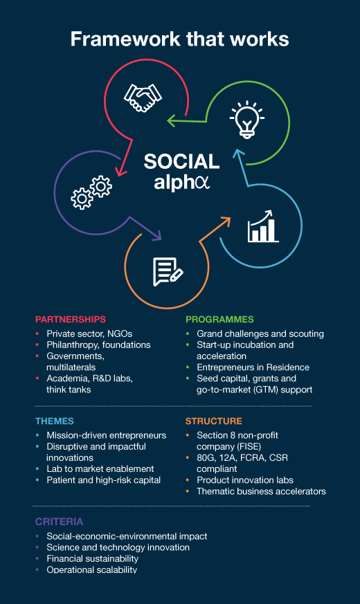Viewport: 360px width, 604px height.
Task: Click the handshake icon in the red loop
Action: tap(143, 98)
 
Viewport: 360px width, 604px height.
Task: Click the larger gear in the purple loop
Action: tap(82, 199)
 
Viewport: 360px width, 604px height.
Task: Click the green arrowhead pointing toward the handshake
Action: tap(172, 120)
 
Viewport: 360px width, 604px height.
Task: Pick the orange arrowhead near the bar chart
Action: tap(225, 222)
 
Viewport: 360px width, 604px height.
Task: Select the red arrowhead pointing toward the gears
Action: tap(121, 171)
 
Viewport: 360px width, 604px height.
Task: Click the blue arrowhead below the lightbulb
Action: tap(239, 154)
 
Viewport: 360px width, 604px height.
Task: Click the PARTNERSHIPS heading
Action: tap(71, 320)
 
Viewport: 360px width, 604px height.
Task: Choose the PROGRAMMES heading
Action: tap(219, 320)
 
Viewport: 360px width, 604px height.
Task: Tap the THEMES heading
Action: tap(55, 421)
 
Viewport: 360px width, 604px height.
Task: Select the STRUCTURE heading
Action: tap(214, 421)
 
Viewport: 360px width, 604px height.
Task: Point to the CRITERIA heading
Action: tap(60, 522)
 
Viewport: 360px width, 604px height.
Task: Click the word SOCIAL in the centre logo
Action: tap(181, 161)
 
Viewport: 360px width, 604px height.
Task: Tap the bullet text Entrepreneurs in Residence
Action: tap(253, 367)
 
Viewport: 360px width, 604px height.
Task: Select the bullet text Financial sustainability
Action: tap(93, 558)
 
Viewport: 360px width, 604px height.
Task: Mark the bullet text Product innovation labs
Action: tap(245, 480)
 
